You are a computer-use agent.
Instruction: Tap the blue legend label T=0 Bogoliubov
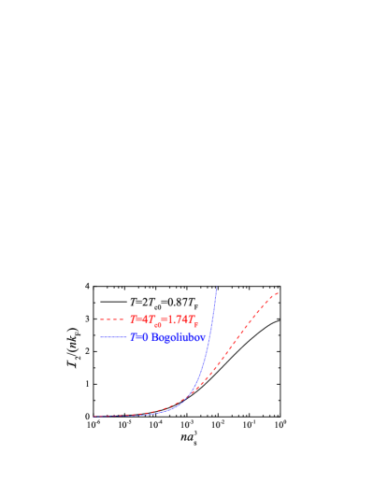click(167, 336)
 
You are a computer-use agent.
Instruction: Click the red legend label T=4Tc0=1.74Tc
click(167, 319)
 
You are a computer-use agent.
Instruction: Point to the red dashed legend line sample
click(112, 319)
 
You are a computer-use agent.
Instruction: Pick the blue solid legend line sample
click(112, 336)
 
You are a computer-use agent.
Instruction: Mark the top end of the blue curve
click(217, 288)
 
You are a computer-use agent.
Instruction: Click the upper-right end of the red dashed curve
click(278, 292)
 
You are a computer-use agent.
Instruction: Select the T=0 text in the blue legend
click(138, 336)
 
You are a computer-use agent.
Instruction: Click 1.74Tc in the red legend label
click(188, 319)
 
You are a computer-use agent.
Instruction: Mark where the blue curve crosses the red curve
click(191, 393)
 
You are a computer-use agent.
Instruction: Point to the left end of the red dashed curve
click(94, 416)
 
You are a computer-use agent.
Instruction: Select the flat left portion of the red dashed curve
click(122, 415)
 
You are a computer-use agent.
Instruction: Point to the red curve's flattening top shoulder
click(266, 299)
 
